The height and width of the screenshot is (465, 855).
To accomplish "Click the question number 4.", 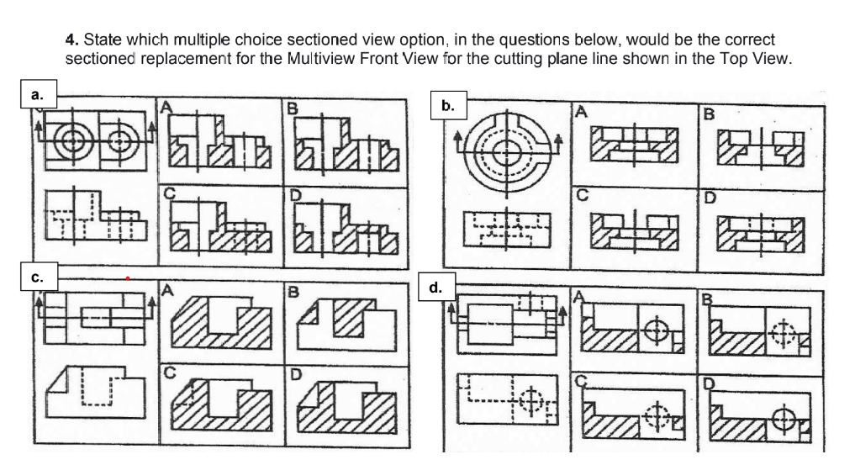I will click(x=69, y=40).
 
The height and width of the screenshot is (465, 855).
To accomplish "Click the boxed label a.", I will click(x=36, y=94).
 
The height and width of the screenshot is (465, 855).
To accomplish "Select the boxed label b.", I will click(x=449, y=106).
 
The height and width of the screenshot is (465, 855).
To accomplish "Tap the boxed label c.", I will click(x=35, y=274).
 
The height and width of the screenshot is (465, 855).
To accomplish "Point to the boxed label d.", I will click(x=435, y=287).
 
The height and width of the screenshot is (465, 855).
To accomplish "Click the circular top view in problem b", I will click(x=506, y=152).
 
